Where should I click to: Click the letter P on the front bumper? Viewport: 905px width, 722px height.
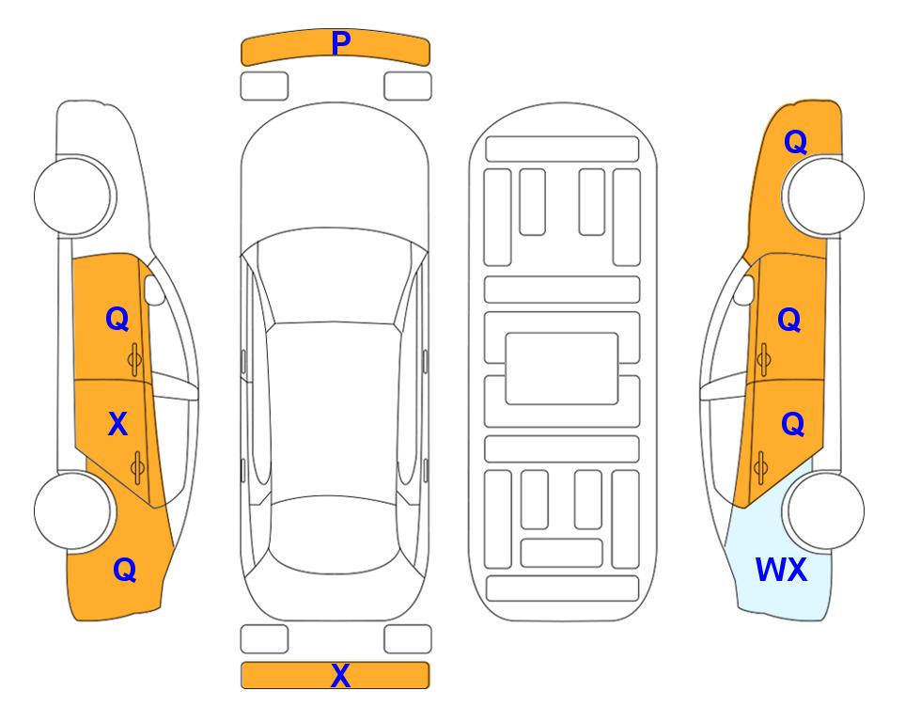[341, 43]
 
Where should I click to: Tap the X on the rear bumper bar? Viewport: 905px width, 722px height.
[340, 675]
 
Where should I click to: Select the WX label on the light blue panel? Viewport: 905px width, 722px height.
[781, 570]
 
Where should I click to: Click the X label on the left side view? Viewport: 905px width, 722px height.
[117, 424]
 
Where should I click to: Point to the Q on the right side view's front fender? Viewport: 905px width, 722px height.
[795, 142]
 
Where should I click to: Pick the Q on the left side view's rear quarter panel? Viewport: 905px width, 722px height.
[125, 570]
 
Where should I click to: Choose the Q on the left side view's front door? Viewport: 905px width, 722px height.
[117, 319]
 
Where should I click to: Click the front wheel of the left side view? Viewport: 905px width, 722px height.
[74, 196]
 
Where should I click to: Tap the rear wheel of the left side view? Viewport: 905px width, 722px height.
[74, 510]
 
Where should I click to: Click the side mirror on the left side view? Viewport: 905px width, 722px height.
[153, 290]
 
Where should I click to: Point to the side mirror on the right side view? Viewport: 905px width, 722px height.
[744, 290]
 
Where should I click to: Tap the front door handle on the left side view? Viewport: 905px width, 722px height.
[135, 359]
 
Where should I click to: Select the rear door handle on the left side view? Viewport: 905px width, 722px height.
[137, 467]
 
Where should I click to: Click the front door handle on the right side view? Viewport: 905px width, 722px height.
[764, 359]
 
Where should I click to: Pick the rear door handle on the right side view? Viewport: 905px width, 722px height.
[760, 467]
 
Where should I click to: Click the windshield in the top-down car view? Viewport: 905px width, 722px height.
[335, 276]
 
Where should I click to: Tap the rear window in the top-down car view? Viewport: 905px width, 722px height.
[335, 534]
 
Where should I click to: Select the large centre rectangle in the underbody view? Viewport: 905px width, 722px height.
[562, 369]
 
